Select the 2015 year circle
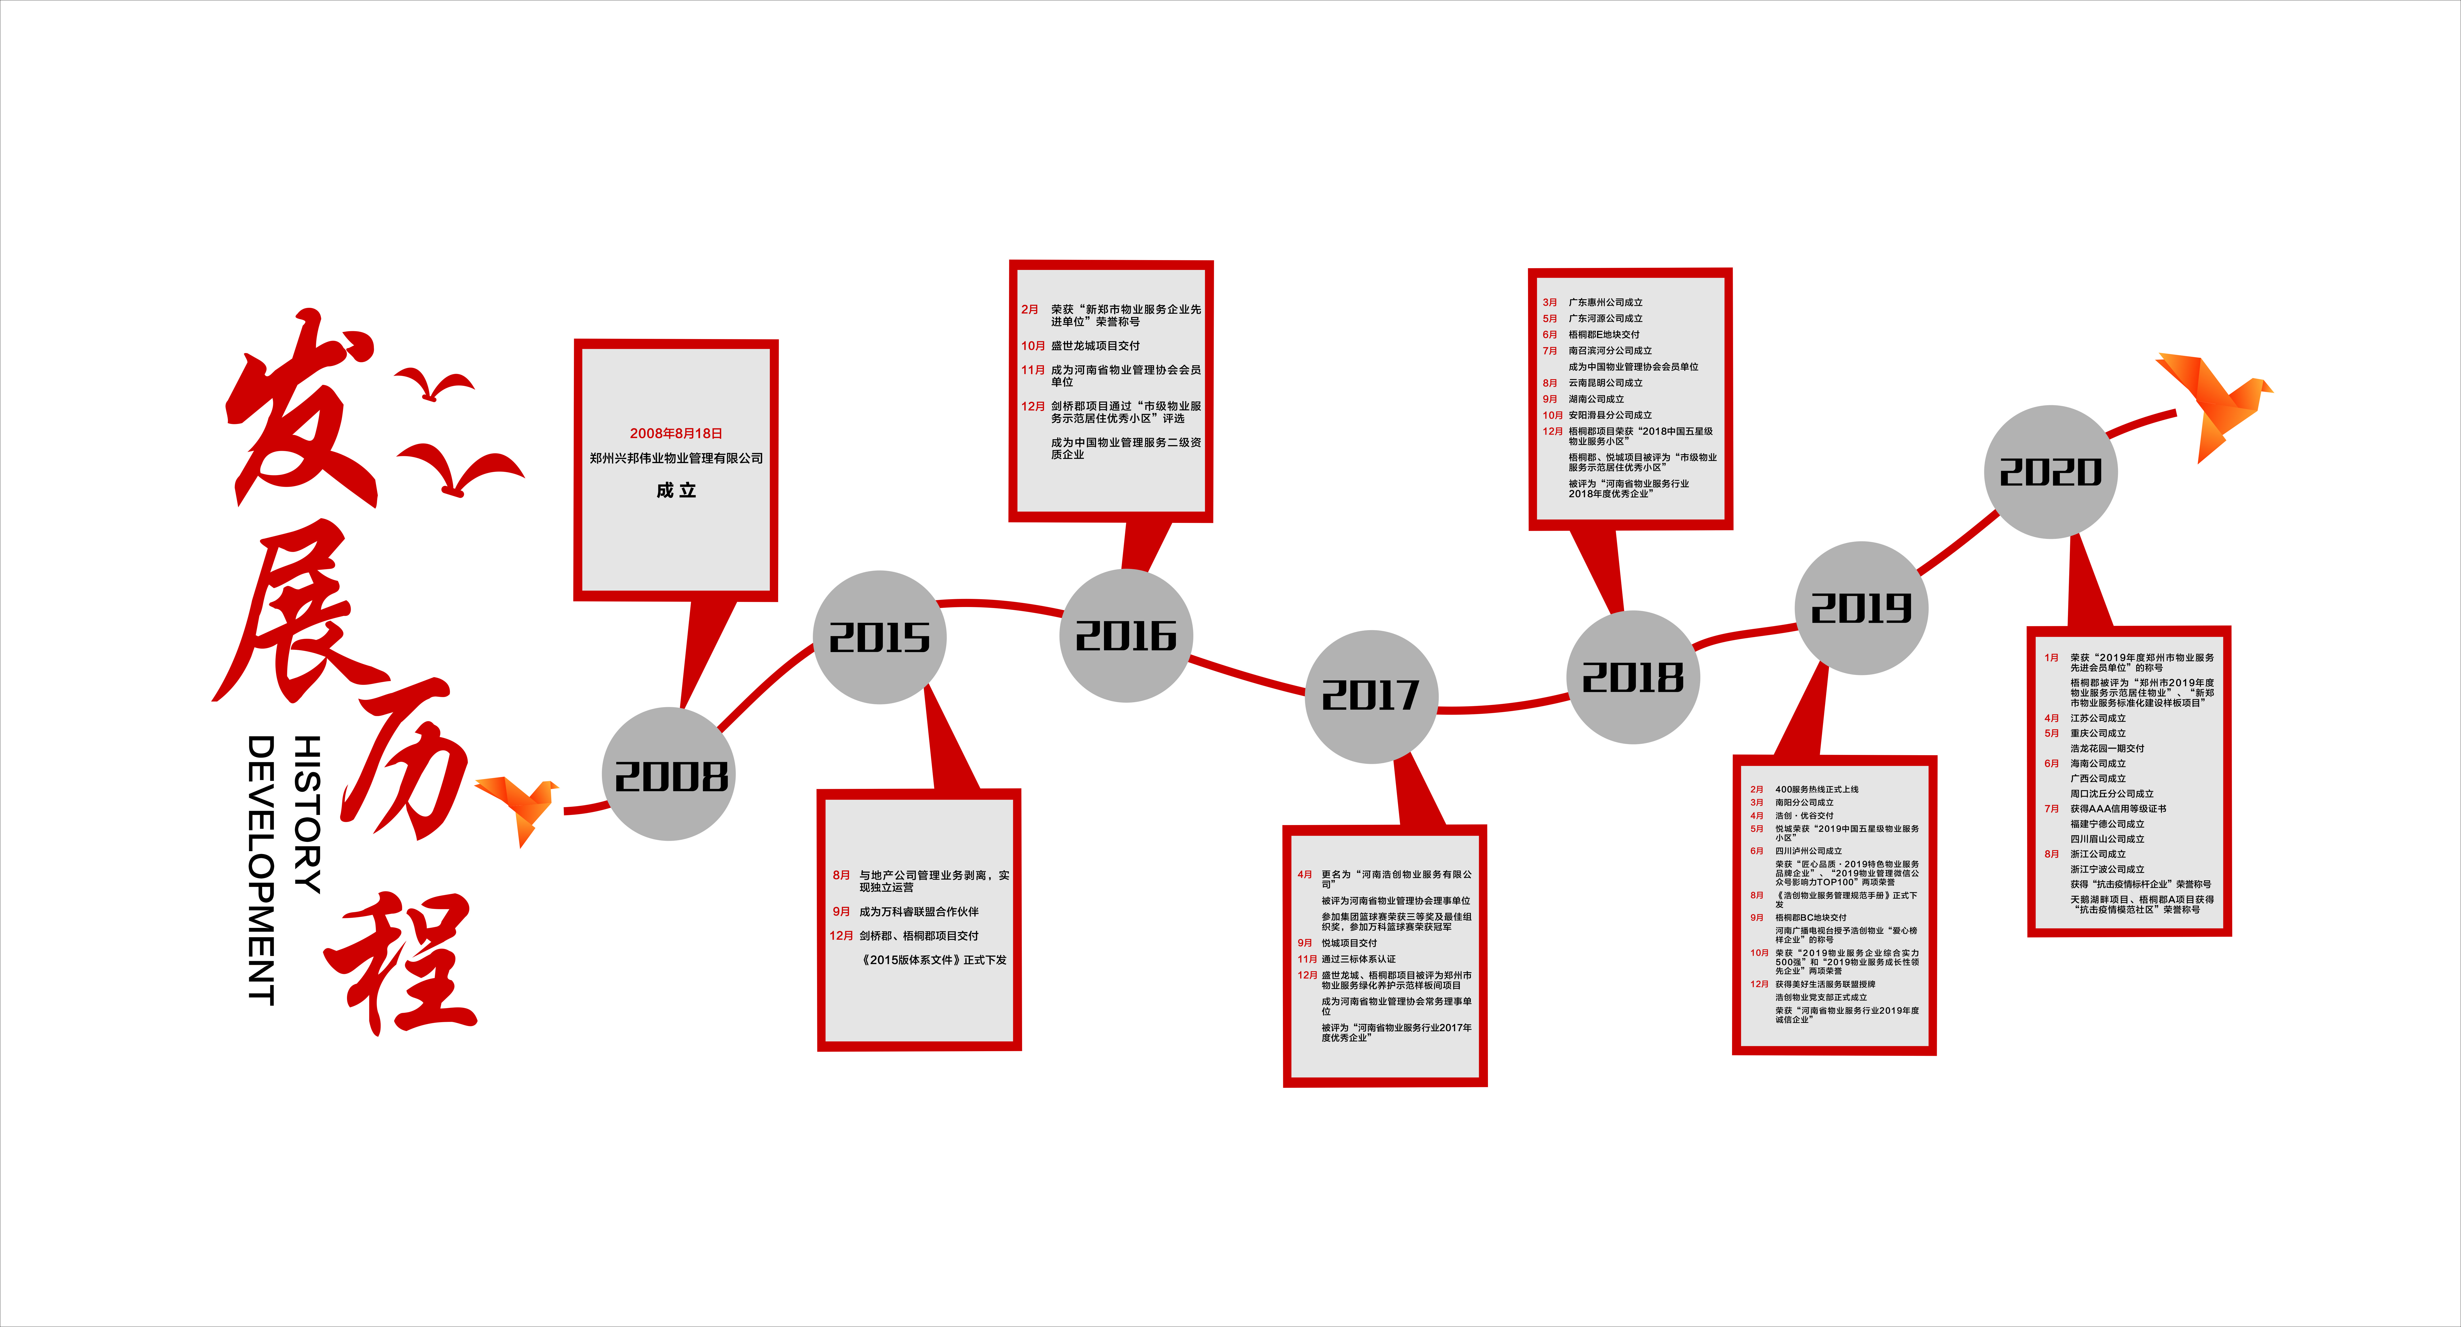[x=879, y=637]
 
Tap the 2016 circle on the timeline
[x=1126, y=635]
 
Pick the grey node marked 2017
[x=1371, y=696]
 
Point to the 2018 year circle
[x=1633, y=677]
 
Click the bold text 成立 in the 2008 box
[x=676, y=490]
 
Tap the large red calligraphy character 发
[x=296, y=411]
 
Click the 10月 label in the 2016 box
[x=1033, y=346]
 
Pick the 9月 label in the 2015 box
[x=841, y=911]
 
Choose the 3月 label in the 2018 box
[x=1550, y=302]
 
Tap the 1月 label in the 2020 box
[x=2051, y=657]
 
